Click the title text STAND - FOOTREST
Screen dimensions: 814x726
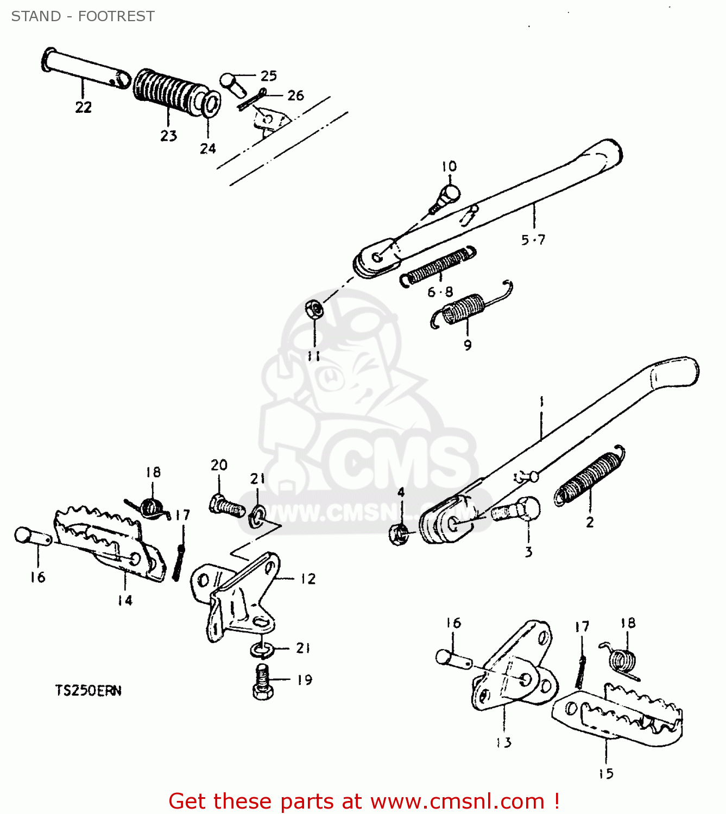click(x=83, y=16)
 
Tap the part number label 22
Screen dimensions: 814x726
click(x=83, y=107)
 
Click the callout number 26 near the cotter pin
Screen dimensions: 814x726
click(x=295, y=96)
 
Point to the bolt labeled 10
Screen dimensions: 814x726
click(x=446, y=199)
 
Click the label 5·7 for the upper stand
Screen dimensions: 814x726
click(x=533, y=240)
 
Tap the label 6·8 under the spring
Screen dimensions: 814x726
click(x=440, y=292)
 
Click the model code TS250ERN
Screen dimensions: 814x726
click(x=88, y=691)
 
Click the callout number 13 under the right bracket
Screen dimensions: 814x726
click(x=504, y=742)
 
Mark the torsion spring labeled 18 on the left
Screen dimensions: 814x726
click(x=150, y=508)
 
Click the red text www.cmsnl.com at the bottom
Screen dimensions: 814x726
click(x=457, y=802)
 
